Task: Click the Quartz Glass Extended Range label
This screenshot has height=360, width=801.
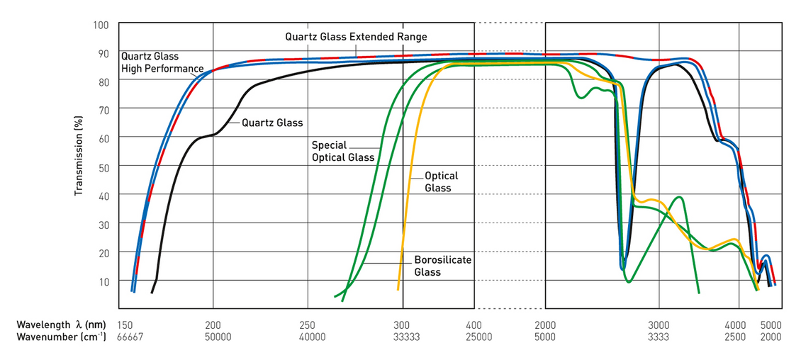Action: click(x=356, y=36)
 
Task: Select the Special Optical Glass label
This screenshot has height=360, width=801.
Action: click(x=342, y=151)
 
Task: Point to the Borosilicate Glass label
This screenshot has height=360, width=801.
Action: click(x=442, y=266)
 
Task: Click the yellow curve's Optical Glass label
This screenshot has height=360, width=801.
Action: click(x=441, y=181)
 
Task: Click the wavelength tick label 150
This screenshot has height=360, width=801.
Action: click(x=125, y=324)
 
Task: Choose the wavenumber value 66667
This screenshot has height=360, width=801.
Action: click(x=130, y=337)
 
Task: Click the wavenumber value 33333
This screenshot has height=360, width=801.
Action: click(x=406, y=337)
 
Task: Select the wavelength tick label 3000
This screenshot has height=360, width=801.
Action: click(x=659, y=324)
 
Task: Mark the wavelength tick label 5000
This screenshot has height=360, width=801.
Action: click(x=771, y=324)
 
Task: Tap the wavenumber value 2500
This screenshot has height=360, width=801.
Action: click(x=735, y=337)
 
